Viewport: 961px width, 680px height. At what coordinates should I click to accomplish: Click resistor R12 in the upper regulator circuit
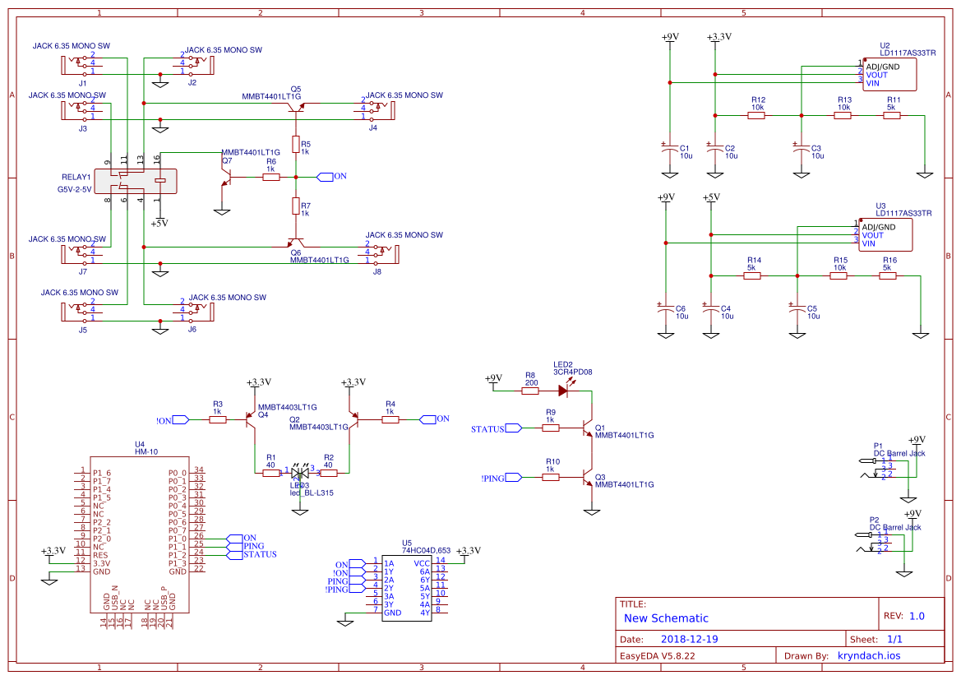(756, 116)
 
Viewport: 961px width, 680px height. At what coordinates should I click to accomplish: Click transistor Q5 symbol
(294, 104)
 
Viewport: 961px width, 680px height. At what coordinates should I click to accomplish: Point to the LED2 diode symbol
(562, 390)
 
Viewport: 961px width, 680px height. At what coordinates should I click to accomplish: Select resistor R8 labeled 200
(530, 390)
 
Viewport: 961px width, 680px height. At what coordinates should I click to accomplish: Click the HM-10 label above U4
(146, 452)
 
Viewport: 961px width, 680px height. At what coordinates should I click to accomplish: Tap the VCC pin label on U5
(421, 563)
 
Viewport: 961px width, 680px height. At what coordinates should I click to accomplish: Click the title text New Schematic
(666, 618)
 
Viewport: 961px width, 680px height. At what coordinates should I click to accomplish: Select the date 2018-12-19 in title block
(690, 639)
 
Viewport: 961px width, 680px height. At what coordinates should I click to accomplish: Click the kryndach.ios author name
(869, 655)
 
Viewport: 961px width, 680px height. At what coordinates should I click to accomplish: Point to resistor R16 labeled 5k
(888, 276)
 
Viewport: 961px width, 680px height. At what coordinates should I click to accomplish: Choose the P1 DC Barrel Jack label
(899, 453)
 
